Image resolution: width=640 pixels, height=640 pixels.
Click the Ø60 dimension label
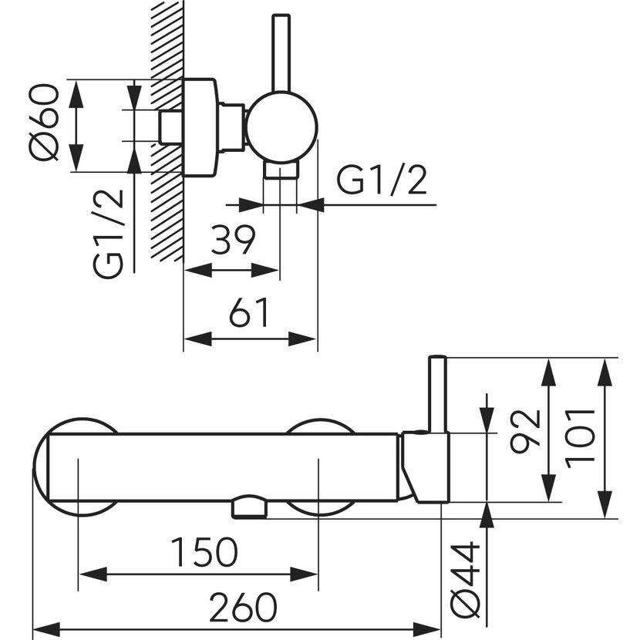point(44,122)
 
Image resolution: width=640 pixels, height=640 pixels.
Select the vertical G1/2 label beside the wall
point(108,234)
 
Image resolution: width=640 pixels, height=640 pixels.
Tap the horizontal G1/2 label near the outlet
point(382,180)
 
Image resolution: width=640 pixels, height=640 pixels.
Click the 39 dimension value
point(233,240)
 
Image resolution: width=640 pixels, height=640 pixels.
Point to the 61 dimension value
point(249,312)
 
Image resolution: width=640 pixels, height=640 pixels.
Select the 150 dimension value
point(204,552)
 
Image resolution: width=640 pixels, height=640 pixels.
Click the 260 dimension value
point(243,607)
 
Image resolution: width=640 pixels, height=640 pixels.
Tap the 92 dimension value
point(525,432)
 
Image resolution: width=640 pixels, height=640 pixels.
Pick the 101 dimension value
point(580,439)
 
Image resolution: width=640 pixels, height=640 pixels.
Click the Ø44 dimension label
point(465,579)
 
